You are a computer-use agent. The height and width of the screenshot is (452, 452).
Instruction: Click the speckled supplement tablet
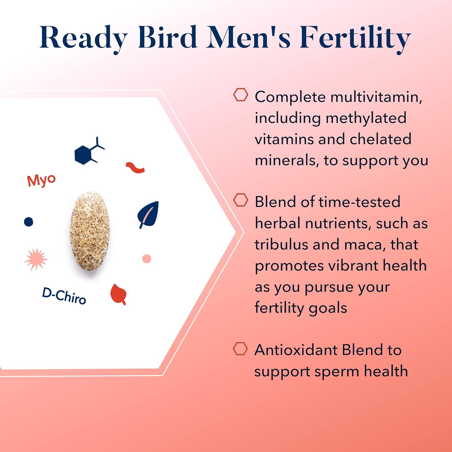click(x=90, y=231)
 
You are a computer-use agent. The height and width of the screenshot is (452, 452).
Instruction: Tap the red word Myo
click(x=41, y=180)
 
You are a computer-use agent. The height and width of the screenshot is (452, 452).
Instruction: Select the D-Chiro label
click(x=64, y=296)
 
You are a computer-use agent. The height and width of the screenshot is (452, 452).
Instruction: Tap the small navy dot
click(x=29, y=222)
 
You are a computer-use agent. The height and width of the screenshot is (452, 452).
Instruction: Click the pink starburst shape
click(x=36, y=259)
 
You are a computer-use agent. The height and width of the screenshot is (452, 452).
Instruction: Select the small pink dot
click(x=146, y=259)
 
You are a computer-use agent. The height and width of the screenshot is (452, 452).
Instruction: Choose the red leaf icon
click(x=118, y=294)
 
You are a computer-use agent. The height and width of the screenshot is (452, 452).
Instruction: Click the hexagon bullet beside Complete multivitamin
click(x=241, y=95)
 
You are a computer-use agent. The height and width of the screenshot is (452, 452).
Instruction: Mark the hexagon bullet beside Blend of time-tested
click(x=241, y=200)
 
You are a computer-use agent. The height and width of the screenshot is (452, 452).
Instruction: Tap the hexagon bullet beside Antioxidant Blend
click(x=240, y=349)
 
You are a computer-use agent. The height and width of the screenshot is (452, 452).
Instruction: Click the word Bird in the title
click(x=168, y=37)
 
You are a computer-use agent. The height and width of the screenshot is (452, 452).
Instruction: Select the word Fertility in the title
click(x=355, y=39)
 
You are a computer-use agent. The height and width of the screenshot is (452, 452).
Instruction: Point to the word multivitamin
click(x=376, y=97)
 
